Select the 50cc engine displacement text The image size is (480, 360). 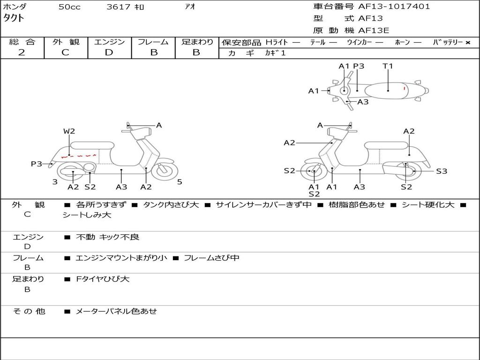click(x=69, y=7)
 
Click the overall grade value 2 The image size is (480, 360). click(x=22, y=52)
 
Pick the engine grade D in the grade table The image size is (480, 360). click(x=109, y=52)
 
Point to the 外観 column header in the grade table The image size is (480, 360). click(x=66, y=42)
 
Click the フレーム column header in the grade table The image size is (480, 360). click(x=153, y=42)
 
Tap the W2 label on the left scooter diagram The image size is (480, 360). click(x=69, y=131)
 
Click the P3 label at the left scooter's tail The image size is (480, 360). click(x=37, y=164)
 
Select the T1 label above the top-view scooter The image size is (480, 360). click(x=388, y=66)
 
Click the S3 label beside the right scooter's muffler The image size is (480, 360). click(x=442, y=171)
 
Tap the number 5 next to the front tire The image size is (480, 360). click(x=180, y=182)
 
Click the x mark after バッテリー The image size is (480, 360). click(x=468, y=42)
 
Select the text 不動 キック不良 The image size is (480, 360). click(x=107, y=237)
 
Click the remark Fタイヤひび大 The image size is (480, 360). click(x=103, y=279)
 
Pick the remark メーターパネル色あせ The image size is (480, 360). click(x=116, y=311)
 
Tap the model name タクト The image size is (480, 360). click(x=14, y=18)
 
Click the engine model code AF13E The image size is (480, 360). click(x=374, y=30)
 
